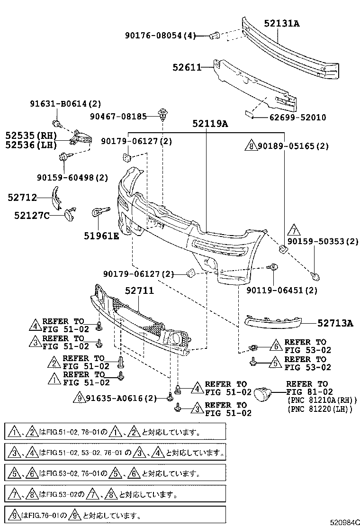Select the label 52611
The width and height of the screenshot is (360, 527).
pos(187,68)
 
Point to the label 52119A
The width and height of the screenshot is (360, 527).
pos(210,124)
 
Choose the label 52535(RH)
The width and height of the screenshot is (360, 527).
pos(29,135)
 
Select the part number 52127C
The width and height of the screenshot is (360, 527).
pos(32,215)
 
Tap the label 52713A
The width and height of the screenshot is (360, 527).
pos(335,324)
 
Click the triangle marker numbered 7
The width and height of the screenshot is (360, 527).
pos(294,230)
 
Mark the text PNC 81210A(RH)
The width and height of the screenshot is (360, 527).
pos(322,400)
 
